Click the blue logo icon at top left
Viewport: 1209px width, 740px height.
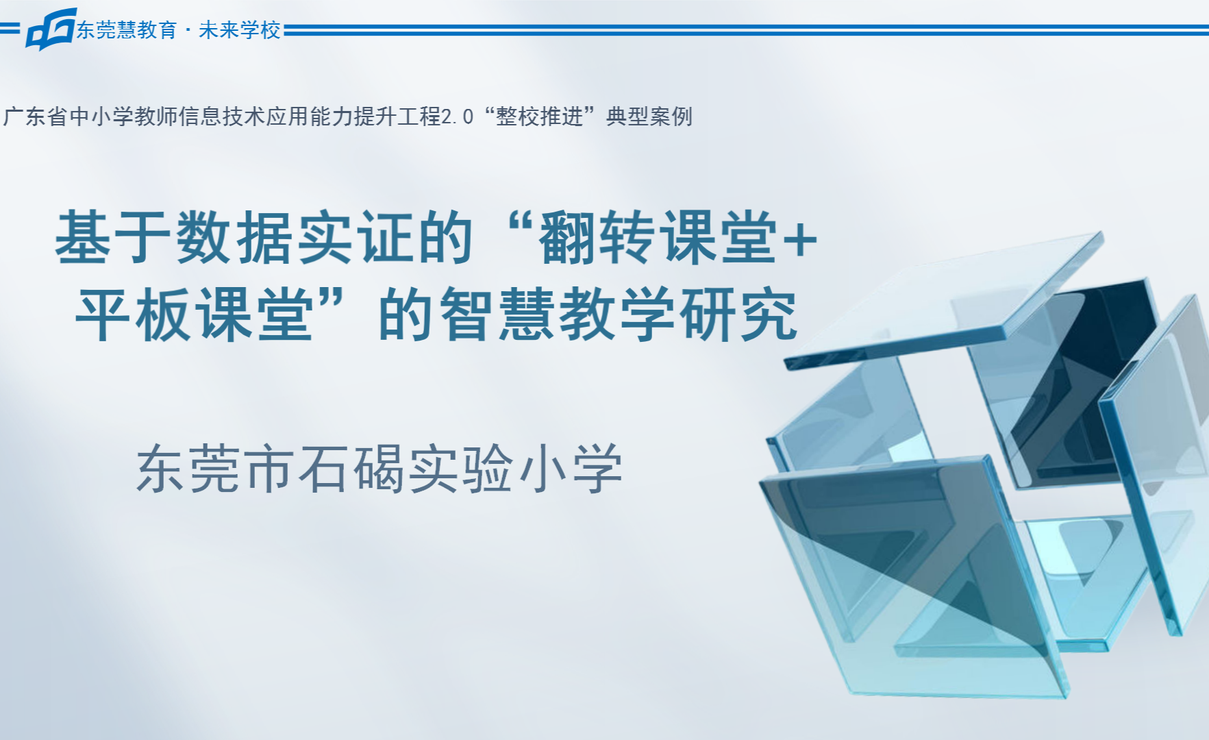(x=50, y=29)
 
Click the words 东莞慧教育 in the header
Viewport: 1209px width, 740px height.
(x=127, y=30)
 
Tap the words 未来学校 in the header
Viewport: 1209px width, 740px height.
(x=240, y=30)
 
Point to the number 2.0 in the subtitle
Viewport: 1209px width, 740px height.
(x=458, y=117)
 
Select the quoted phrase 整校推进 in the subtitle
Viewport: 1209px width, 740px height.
(x=540, y=116)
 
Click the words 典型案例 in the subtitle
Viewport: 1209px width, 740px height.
(x=649, y=116)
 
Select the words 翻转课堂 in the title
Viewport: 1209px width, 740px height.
(x=658, y=237)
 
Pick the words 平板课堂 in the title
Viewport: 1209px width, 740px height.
(x=195, y=314)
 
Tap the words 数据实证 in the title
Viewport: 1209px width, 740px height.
(x=295, y=237)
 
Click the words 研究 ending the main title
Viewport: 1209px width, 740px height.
(x=739, y=314)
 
